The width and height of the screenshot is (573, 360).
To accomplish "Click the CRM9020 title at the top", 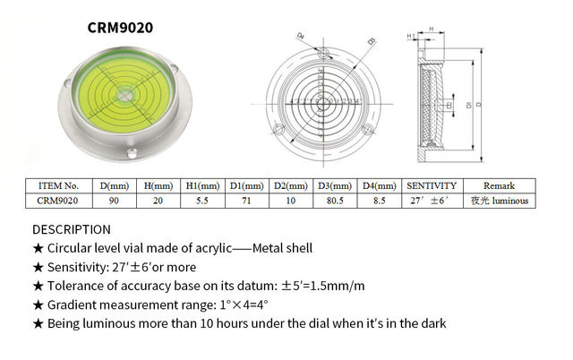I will click(x=120, y=28).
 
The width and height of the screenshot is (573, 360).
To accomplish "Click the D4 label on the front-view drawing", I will click(x=301, y=38).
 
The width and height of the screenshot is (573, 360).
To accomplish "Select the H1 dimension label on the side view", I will click(x=411, y=36).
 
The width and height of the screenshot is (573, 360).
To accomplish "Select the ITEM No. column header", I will click(x=60, y=185).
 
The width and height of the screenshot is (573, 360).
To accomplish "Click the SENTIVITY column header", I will click(x=432, y=185).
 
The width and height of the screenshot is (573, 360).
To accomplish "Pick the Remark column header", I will click(x=499, y=185).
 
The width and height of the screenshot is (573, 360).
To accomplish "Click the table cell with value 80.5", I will click(x=336, y=201).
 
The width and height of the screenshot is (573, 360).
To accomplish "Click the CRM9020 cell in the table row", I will click(x=60, y=201).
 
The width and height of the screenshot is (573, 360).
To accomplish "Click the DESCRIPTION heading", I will click(x=72, y=229).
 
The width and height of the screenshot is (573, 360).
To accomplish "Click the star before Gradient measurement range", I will click(x=38, y=304).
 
